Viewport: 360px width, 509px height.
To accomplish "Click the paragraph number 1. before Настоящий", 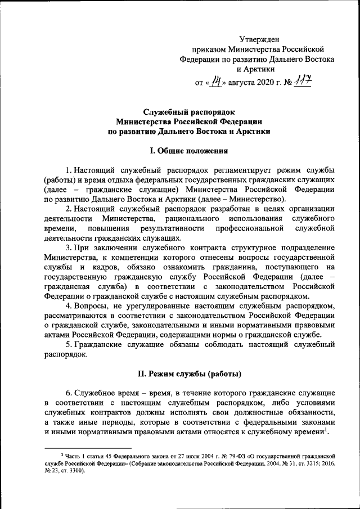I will [68, 170].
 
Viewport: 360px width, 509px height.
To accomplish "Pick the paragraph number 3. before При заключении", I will [68, 247].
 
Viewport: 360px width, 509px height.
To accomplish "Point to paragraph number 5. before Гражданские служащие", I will [68, 345].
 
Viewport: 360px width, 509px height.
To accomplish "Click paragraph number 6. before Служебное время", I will [68, 392].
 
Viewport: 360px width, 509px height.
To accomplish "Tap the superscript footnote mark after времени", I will [327, 429].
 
